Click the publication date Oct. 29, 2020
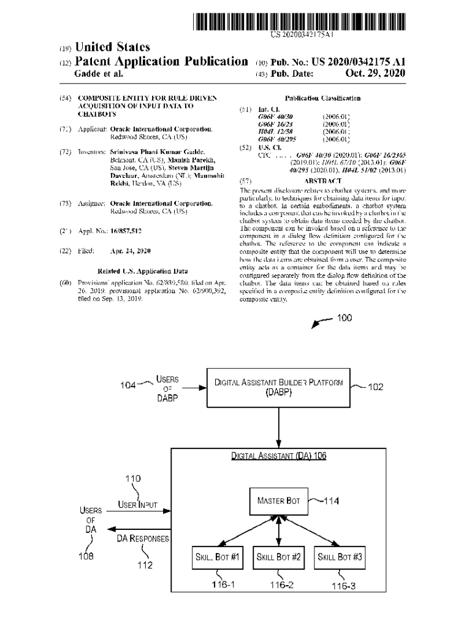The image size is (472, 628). tap(375, 74)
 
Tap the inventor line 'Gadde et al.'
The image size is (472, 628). tap(98, 74)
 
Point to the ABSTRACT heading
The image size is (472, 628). tap(322, 181)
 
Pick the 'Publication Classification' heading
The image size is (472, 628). tap(322, 98)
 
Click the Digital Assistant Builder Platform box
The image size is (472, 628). tap(279, 388)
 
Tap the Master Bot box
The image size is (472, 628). tap(278, 501)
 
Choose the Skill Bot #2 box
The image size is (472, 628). tap(278, 557)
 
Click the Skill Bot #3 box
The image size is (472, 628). tap(340, 557)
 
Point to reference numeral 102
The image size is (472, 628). tap(375, 387)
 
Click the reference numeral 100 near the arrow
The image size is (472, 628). tap(344, 318)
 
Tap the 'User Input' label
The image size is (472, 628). tap(138, 505)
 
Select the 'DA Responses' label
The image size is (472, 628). tap(143, 538)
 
